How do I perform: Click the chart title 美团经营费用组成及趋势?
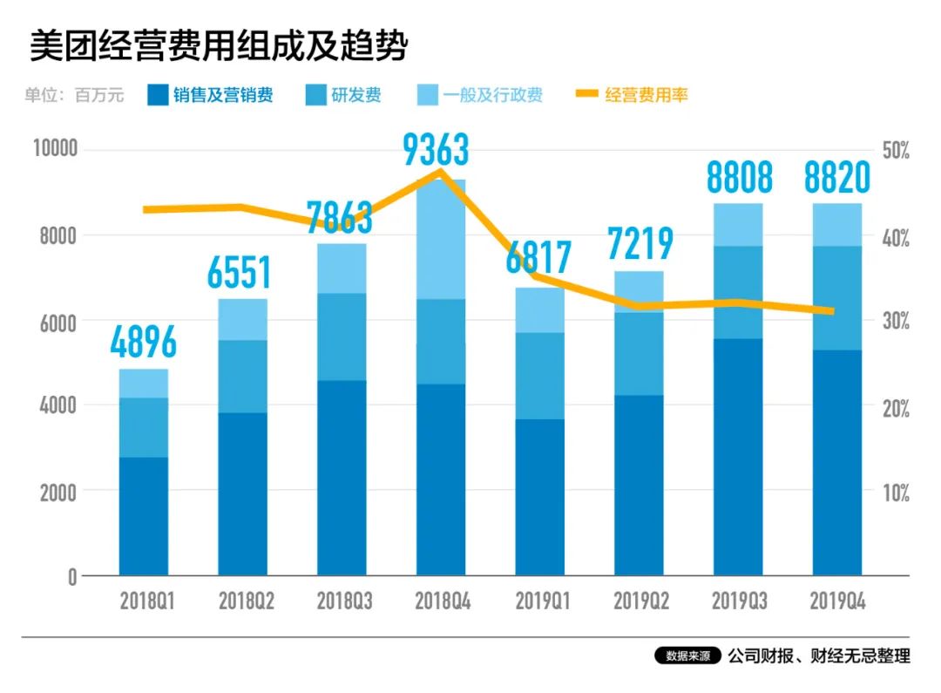pos(219,46)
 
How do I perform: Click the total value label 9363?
pos(436,150)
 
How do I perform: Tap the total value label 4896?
pos(144,342)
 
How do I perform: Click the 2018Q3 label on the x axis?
pos(342,601)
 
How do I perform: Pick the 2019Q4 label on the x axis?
pos(837,601)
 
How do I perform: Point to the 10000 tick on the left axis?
pos(55,149)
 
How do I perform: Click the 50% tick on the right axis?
pos(895,151)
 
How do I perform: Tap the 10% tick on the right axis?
pos(895,493)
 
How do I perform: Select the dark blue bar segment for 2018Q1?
pos(144,516)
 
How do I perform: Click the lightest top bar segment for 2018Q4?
pos(441,240)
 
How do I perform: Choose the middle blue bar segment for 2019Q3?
pos(738,292)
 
